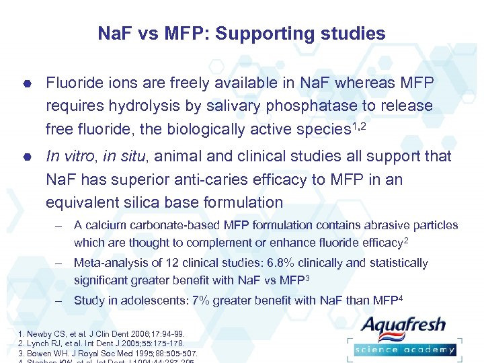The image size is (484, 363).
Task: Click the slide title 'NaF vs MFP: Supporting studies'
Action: (x=242, y=34)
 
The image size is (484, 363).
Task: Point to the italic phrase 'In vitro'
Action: (x=71, y=157)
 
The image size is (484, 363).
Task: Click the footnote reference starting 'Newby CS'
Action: (x=93, y=333)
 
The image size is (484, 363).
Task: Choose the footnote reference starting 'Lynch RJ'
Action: (x=93, y=343)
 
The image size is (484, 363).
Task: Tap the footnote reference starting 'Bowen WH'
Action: (x=99, y=352)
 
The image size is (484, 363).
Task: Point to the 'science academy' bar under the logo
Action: (x=405, y=350)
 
